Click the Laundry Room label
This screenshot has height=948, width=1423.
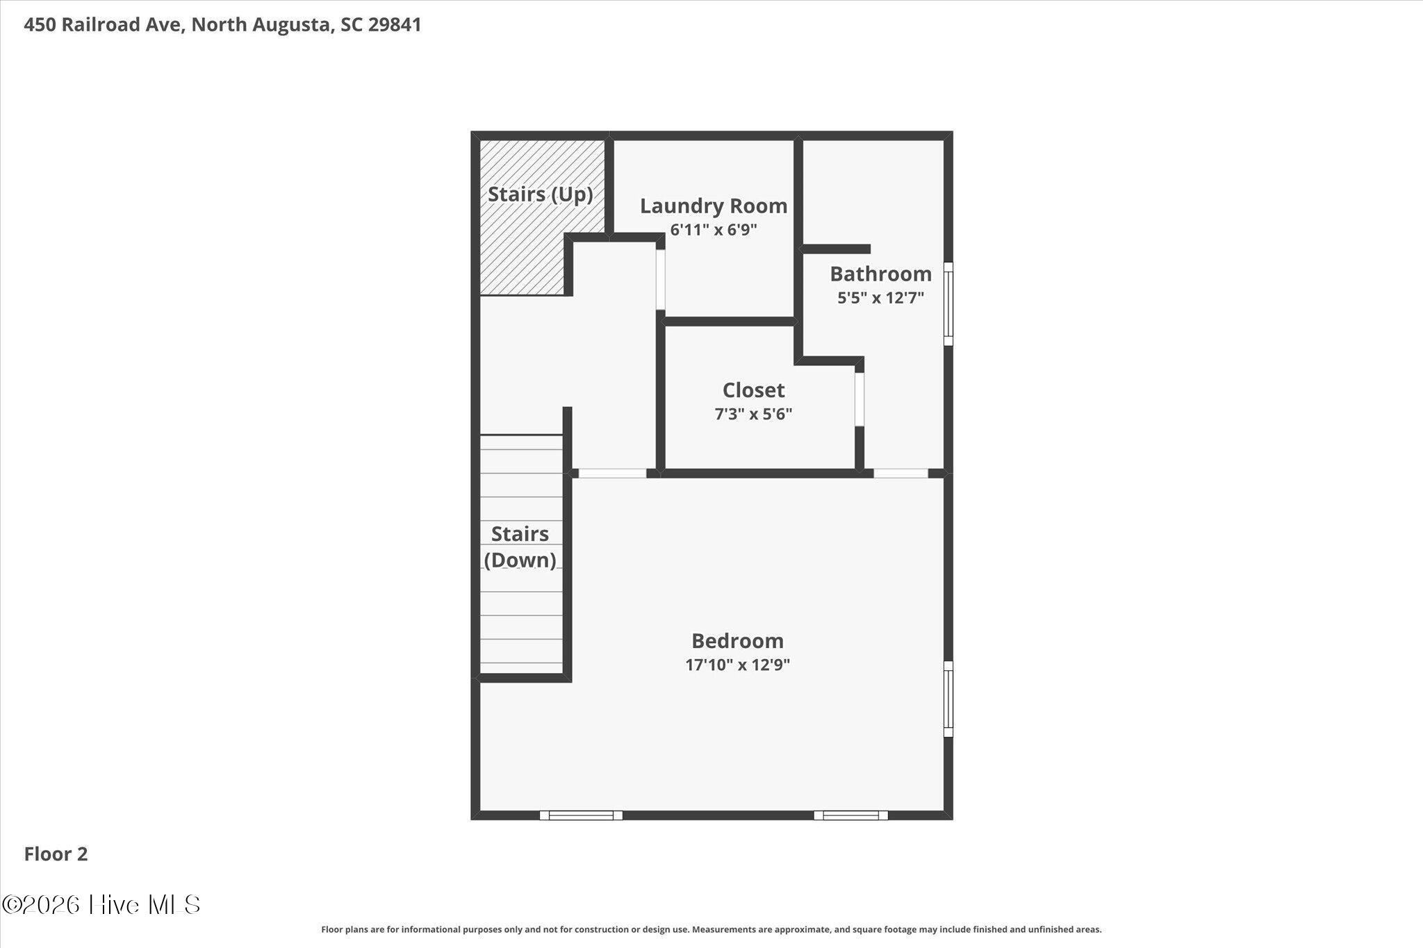tap(714, 206)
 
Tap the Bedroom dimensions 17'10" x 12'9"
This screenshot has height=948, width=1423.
tap(737, 665)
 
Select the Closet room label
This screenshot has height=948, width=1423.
tap(753, 390)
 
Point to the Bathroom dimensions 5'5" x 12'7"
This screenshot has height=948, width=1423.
tap(880, 298)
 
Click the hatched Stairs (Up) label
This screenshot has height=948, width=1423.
tap(541, 194)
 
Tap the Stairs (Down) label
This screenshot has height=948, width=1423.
tap(520, 547)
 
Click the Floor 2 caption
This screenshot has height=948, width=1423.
tap(56, 854)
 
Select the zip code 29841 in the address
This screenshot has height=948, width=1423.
tap(395, 25)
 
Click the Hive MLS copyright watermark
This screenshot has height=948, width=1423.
tap(101, 904)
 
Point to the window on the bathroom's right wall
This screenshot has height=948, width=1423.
tap(948, 303)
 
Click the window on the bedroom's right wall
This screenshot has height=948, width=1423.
tap(948, 699)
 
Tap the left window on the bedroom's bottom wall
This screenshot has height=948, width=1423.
tap(581, 815)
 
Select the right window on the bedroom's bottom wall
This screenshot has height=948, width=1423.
tap(851, 815)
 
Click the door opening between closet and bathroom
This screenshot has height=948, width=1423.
tap(859, 399)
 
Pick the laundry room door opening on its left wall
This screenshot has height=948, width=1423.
tap(661, 280)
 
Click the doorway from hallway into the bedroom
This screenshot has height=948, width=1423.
tap(613, 474)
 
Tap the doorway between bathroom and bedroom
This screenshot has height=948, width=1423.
tap(900, 474)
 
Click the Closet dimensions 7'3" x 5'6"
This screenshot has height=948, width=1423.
tap(753, 415)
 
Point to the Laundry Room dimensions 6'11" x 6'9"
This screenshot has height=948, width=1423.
tap(714, 230)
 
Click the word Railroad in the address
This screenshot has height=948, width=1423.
tap(123, 25)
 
